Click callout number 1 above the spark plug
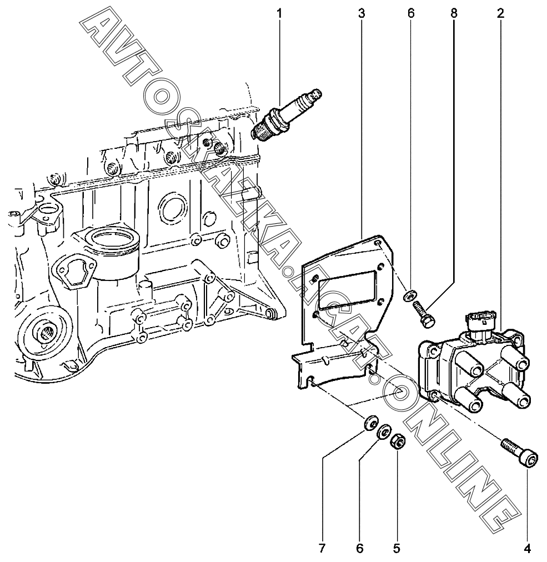click(279, 12)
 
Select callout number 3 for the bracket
click(362, 12)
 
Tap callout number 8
click(454, 12)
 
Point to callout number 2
click(500, 12)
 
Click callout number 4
click(527, 549)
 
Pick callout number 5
click(397, 549)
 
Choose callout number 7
click(322, 549)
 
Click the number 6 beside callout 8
click(411, 12)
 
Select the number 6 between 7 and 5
click(359, 549)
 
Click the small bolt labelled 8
click(424, 313)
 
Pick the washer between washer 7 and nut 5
click(383, 433)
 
